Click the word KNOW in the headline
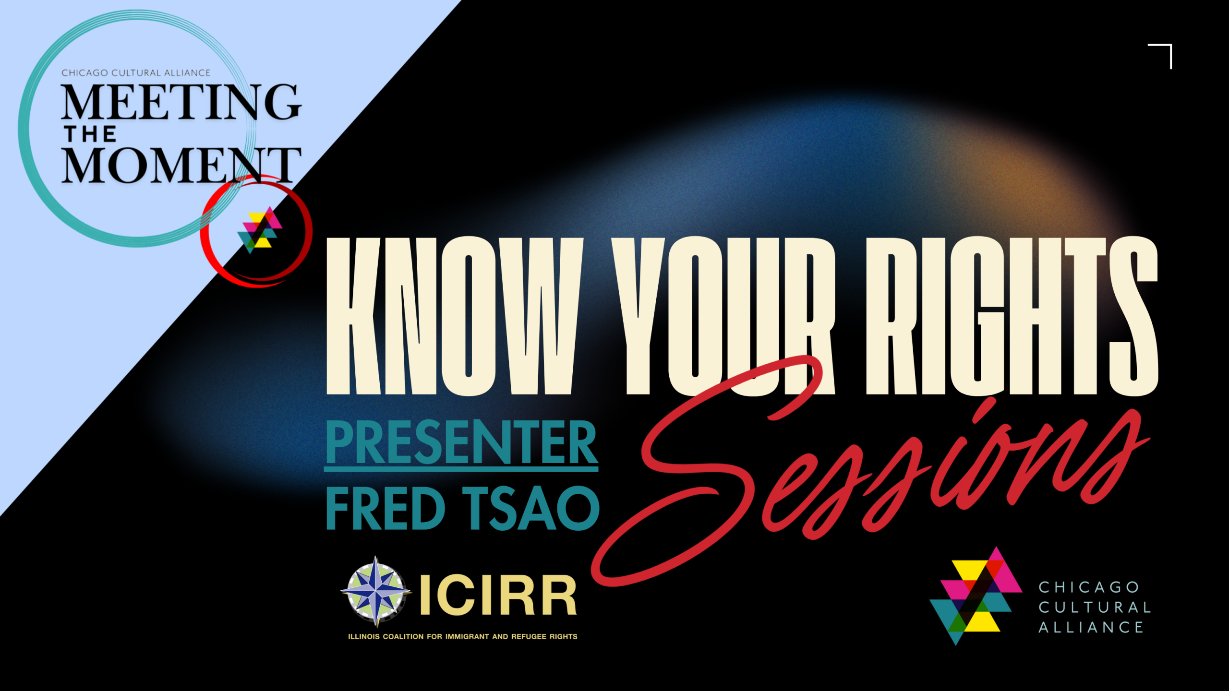click(454, 316)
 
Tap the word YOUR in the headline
click(723, 316)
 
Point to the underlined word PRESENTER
click(461, 442)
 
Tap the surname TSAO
click(531, 508)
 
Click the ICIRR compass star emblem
click(376, 592)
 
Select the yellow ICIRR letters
click(498, 595)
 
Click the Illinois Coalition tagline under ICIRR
click(463, 637)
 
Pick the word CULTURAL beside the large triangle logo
click(1095, 607)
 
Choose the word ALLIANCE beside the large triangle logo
click(1091, 627)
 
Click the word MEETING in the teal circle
click(181, 102)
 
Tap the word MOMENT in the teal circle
click(181, 165)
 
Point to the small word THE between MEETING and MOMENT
click(90, 134)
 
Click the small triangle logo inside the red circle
click(260, 230)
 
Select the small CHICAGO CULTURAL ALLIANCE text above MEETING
click(136, 73)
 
